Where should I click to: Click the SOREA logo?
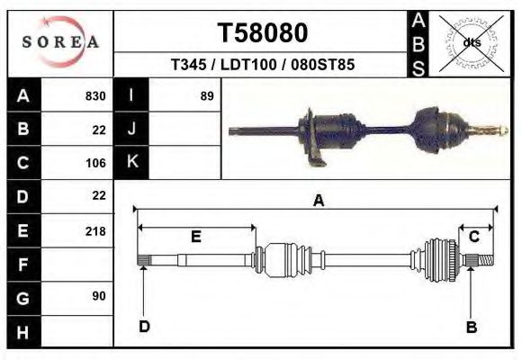(x=60, y=41)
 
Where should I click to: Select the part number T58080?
(x=263, y=33)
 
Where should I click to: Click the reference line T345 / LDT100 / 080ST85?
(x=262, y=66)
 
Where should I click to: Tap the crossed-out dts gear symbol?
(x=471, y=41)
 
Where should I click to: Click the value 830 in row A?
(x=94, y=95)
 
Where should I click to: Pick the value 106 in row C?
(x=94, y=163)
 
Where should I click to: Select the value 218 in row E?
(x=94, y=231)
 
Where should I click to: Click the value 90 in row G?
(x=98, y=296)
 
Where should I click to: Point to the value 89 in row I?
(x=206, y=95)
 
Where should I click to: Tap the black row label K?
(x=132, y=163)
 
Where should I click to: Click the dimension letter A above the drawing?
(x=318, y=202)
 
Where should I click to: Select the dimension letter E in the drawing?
(x=195, y=237)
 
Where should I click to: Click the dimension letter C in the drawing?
(x=473, y=237)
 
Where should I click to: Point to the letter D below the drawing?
(x=144, y=327)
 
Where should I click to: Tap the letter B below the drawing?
(x=471, y=327)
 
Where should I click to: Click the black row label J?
(x=132, y=130)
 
